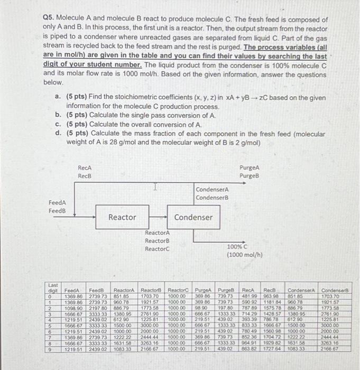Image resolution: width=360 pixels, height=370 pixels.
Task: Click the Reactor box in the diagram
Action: (x=122, y=217)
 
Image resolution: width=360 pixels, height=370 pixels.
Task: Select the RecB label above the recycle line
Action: (x=85, y=175)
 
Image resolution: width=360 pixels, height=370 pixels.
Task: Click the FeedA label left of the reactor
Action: (x=57, y=202)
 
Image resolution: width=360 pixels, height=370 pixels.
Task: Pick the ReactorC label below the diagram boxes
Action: (x=158, y=249)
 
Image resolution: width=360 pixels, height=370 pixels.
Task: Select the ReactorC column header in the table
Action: (x=179, y=290)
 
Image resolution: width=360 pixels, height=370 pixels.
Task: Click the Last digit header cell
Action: (x=52, y=287)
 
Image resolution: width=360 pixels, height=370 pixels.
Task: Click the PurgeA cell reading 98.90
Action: (x=201, y=307)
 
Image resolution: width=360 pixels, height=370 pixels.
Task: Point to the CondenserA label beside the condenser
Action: (x=213, y=190)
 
